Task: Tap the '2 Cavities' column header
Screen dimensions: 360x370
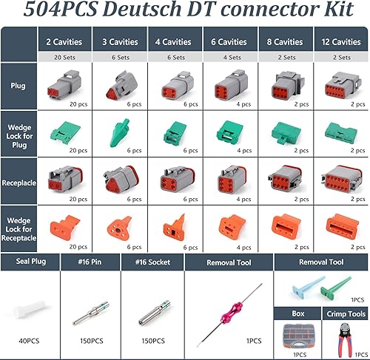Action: click(63, 42)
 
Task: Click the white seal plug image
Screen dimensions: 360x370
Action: click(28, 312)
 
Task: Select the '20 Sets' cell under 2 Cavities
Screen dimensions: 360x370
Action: click(63, 57)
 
